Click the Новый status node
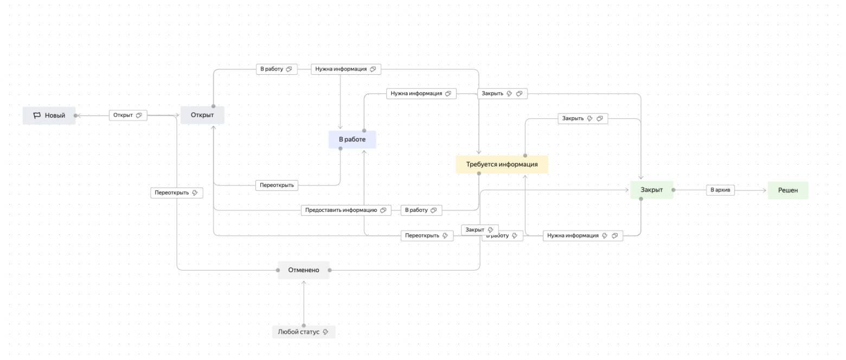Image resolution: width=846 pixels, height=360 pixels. tap(49, 115)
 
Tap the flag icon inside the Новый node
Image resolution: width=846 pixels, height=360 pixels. tap(37, 115)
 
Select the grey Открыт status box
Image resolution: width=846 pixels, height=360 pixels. tap(202, 115)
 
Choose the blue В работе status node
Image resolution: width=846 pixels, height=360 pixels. tap(352, 139)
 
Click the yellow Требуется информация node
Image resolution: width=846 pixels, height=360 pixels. tap(502, 164)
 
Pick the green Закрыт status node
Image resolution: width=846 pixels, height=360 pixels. tap(651, 190)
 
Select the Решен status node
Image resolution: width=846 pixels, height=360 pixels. tap(787, 190)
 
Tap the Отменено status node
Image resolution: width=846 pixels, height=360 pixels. tap(303, 270)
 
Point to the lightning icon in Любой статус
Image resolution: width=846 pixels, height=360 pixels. tap(325, 332)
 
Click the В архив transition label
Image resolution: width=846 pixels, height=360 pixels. tap(720, 190)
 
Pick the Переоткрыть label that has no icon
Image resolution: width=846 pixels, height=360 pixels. tap(277, 185)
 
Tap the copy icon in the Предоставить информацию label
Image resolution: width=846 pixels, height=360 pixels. tap(383, 210)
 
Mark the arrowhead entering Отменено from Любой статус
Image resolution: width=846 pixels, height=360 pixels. tap(304, 282)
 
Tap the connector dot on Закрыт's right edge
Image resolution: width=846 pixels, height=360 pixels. tap(674, 190)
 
